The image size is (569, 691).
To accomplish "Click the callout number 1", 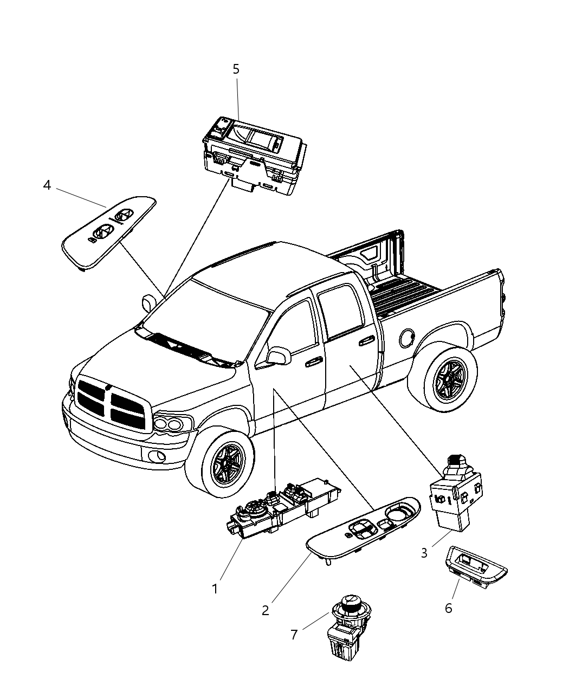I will click(x=215, y=588).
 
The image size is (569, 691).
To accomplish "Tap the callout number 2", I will click(x=265, y=610).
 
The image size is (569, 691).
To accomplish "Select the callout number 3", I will click(x=424, y=553).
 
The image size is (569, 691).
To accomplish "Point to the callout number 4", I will click(x=47, y=185).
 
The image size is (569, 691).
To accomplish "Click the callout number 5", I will click(x=236, y=69).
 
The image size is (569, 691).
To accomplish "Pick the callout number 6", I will click(x=448, y=608).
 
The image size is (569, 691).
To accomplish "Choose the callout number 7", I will click(x=294, y=634).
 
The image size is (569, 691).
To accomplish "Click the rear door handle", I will click(x=366, y=340).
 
